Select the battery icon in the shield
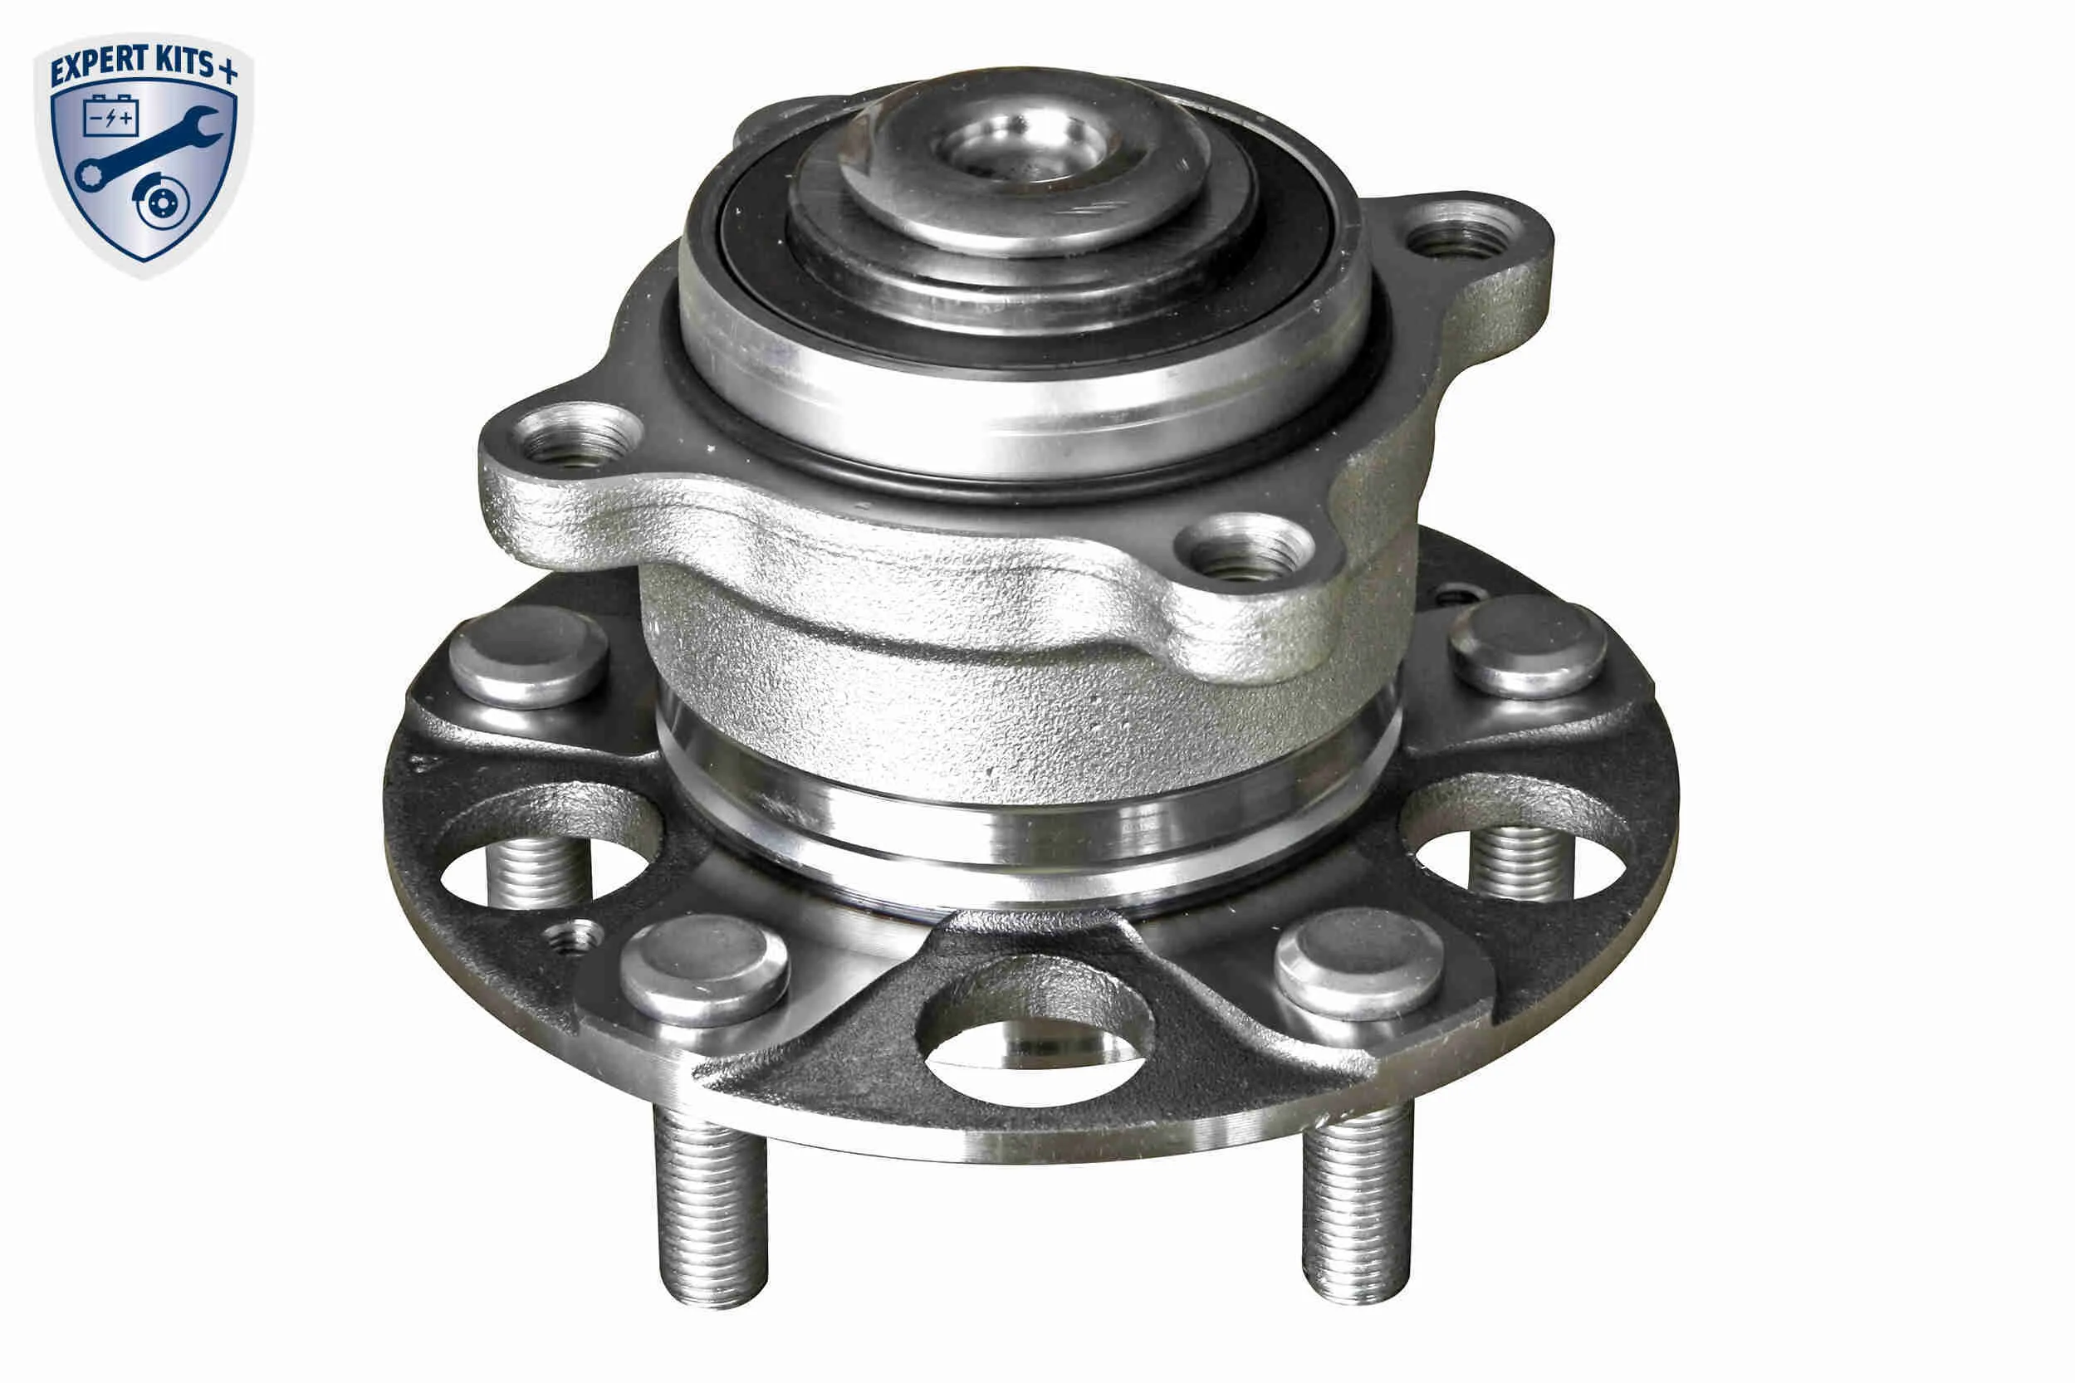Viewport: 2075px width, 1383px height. click(x=110, y=115)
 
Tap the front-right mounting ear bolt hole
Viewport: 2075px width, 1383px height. click(x=1244, y=549)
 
